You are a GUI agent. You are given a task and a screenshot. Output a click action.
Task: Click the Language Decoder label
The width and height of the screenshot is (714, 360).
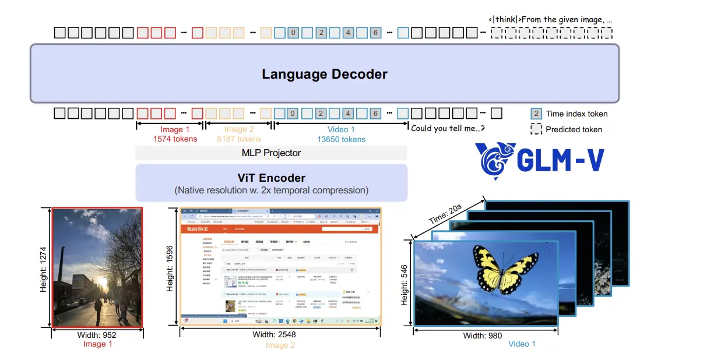pos(324,74)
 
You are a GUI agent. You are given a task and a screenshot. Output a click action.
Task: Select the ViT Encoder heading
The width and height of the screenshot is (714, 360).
pos(270,178)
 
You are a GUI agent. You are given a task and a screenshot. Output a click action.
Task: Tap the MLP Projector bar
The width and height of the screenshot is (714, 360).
pos(271,153)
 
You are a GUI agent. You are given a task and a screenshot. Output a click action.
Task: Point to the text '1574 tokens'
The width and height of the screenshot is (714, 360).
pos(175,139)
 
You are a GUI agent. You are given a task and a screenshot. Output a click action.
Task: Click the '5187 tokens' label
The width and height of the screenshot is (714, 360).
pos(239,139)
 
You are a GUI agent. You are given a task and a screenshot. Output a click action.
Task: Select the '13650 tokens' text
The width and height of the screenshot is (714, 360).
pos(341,139)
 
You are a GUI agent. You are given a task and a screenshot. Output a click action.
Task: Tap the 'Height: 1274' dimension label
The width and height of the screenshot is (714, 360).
pos(44,267)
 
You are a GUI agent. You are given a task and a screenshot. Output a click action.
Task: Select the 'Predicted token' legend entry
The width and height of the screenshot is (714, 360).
pos(574,129)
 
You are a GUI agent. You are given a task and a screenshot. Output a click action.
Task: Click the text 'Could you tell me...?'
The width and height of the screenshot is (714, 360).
pos(448,128)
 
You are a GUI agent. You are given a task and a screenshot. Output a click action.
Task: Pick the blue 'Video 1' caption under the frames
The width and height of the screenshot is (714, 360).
pos(522,344)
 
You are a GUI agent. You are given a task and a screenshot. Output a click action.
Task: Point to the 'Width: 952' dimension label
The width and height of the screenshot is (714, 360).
pos(97,335)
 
